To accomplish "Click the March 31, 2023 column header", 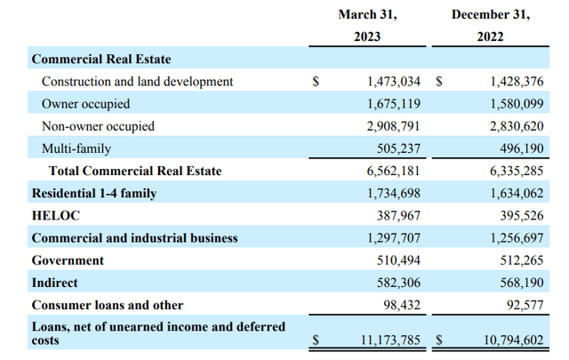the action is (367, 26).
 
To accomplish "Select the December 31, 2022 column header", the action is (491, 26).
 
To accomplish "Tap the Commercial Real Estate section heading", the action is (101, 60).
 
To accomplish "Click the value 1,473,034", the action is (394, 81).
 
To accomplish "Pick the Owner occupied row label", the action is (85, 104).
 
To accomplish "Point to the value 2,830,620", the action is (517, 126).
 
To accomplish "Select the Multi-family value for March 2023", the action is (398, 148).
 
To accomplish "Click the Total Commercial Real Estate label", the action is (135, 171).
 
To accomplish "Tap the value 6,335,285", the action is (517, 171).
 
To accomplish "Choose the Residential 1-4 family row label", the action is (94, 194).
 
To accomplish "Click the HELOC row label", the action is (56, 216).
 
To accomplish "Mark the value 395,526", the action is (522, 216).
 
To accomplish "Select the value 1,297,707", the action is (394, 238).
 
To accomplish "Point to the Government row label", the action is (68, 260).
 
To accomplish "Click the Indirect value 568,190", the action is (522, 283).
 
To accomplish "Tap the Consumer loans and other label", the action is (108, 305).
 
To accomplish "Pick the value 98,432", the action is (402, 305).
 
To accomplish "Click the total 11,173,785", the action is (390, 340).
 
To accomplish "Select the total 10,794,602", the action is (514, 340).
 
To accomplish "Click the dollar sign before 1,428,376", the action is (439, 81).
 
